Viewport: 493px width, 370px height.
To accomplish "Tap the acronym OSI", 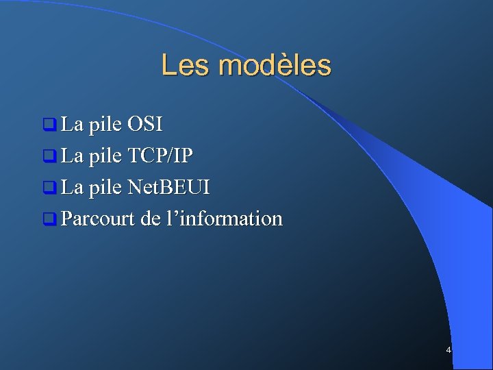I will [144, 125].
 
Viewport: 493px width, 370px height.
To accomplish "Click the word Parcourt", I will [97, 219].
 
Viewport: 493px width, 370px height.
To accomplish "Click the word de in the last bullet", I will [149, 219].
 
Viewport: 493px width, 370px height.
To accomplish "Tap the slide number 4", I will [448, 350].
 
